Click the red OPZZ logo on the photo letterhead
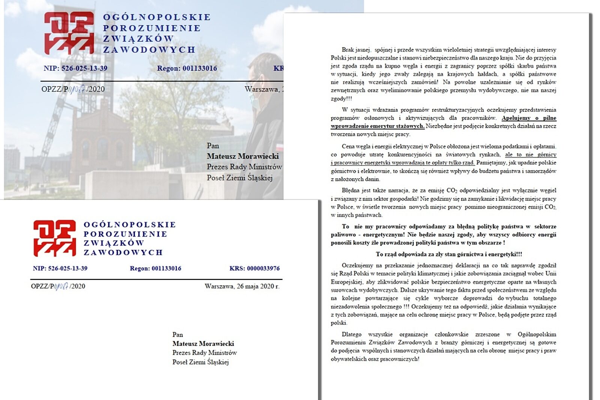[69, 33]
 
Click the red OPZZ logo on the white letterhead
[55, 238]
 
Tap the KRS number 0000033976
[254, 268]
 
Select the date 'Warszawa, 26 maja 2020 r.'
[242, 286]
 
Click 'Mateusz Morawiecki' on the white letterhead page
[203, 344]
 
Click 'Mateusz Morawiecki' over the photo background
[243, 156]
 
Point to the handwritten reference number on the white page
[61, 286]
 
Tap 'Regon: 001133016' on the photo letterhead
[187, 68]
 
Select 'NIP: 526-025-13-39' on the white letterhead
[60, 268]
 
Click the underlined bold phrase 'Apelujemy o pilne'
[529, 118]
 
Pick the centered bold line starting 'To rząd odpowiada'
[448, 254]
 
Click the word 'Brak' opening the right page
[348, 50]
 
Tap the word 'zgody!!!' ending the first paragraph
[341, 99]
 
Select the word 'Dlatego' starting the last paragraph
[351, 334]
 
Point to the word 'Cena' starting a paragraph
[348, 146]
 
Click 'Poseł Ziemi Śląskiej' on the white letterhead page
[200, 362]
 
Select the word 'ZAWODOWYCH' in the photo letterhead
[149, 50]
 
